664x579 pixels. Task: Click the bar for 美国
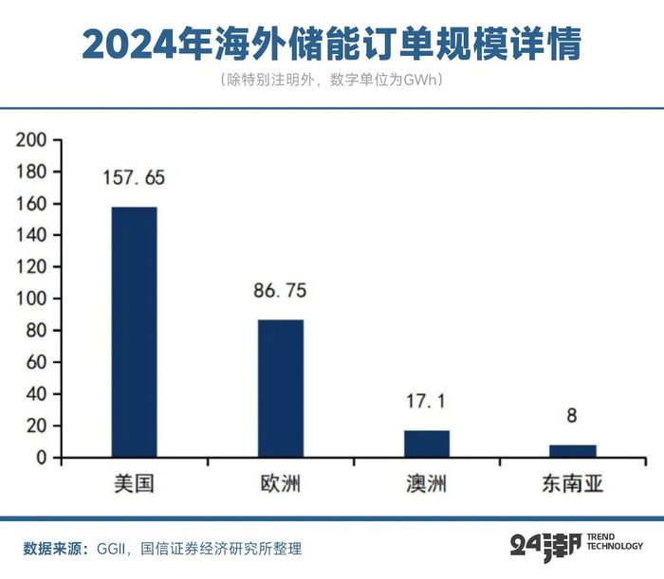(134, 332)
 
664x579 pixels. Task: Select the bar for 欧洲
(281, 389)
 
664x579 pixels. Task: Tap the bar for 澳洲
(427, 443)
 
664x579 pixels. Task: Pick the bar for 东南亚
(573, 451)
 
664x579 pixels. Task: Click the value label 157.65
(134, 178)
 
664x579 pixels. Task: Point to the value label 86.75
(281, 291)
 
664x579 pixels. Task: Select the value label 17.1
(427, 402)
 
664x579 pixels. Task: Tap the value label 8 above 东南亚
(572, 415)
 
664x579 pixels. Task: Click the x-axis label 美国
(134, 485)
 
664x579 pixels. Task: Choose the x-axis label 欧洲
(281, 485)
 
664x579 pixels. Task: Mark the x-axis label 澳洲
(427, 485)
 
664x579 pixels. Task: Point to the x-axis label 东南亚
(573, 485)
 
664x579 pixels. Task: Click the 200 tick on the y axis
(32, 139)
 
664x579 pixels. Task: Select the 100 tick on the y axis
(32, 299)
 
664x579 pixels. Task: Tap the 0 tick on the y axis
(42, 458)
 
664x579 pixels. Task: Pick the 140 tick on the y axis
(32, 235)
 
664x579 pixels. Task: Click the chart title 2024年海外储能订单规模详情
(332, 44)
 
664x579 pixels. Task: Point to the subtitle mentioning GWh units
(332, 81)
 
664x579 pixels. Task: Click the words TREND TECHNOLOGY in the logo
(615, 541)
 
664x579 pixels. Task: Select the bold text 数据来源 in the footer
(54, 547)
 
